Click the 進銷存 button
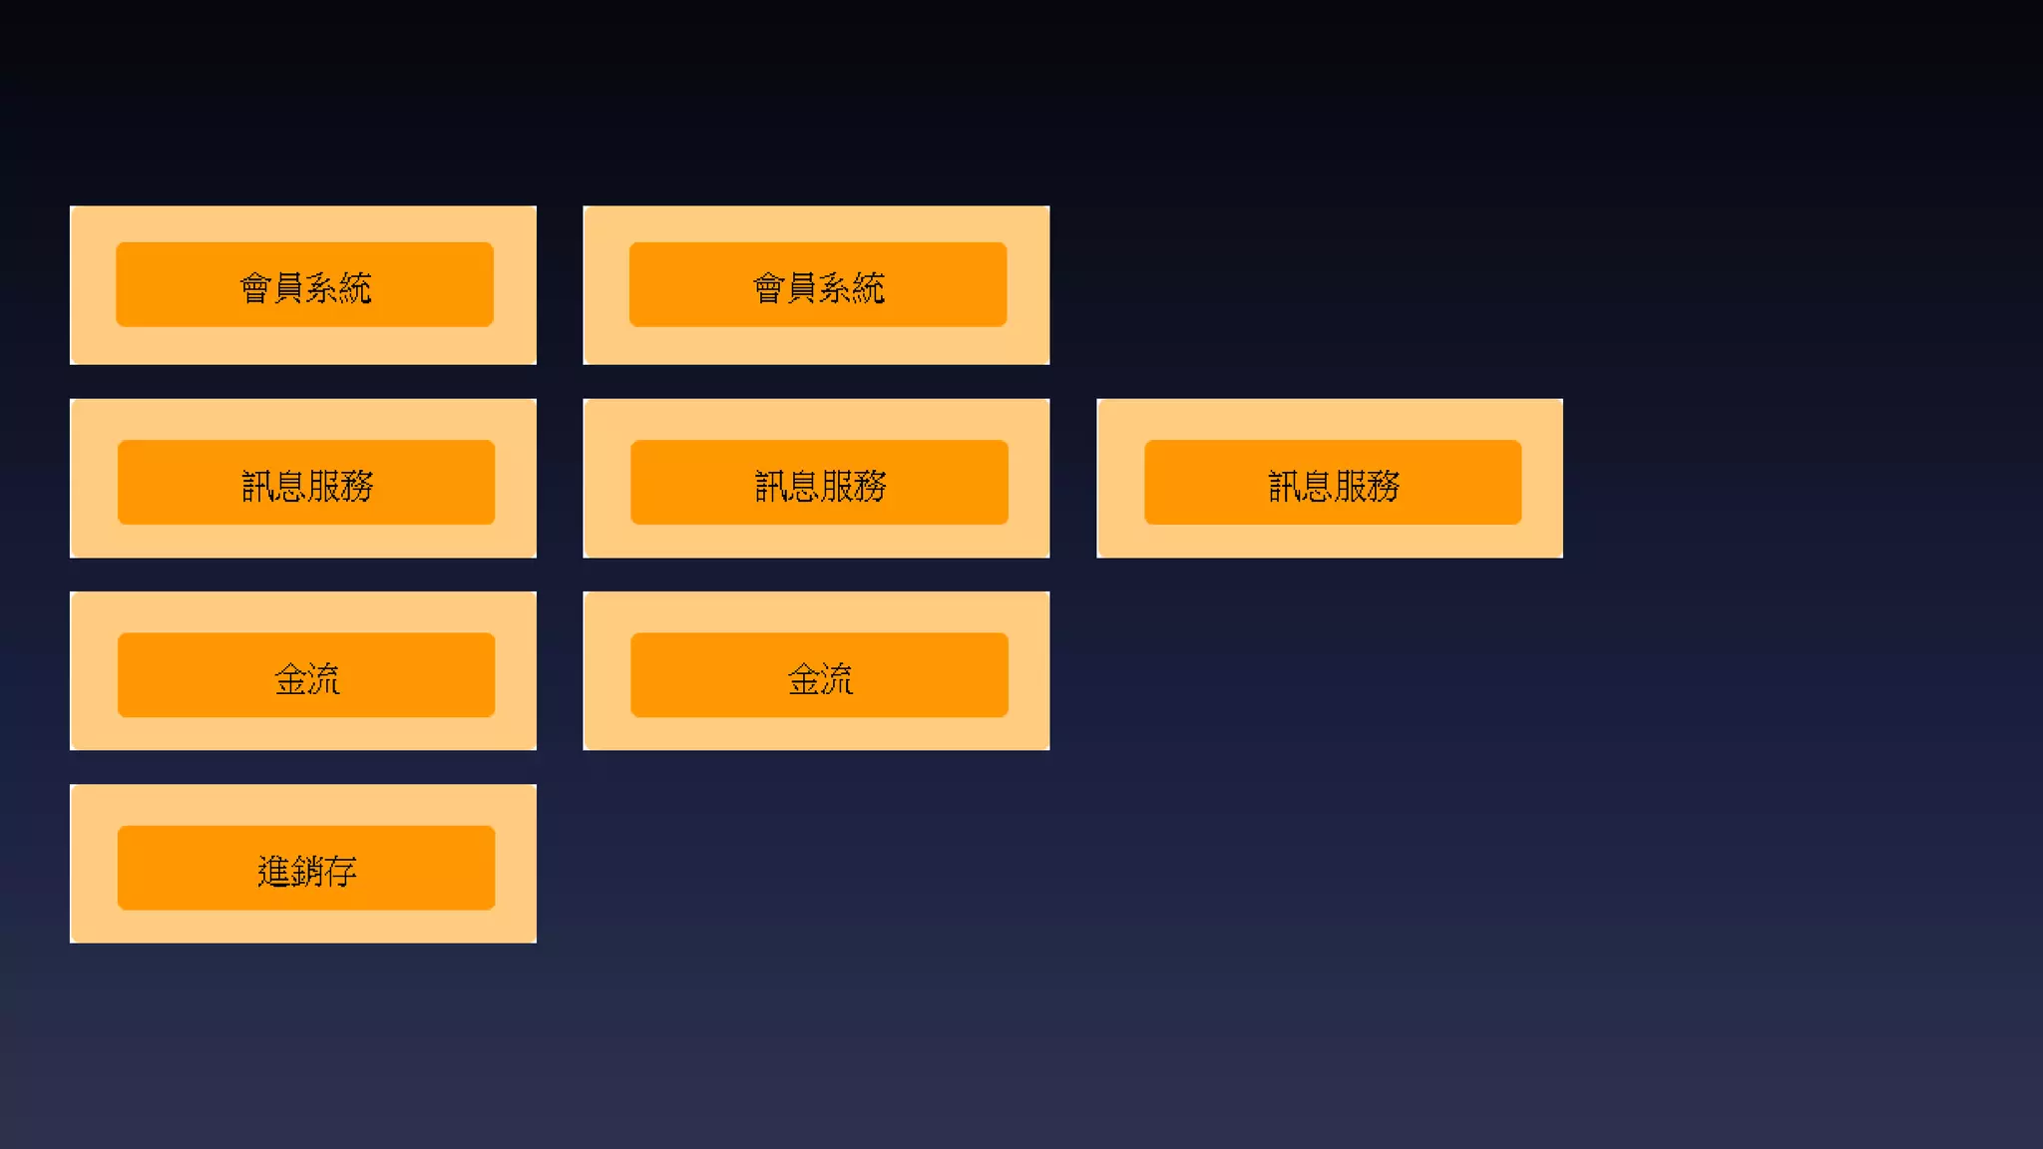305,868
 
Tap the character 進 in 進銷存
273,872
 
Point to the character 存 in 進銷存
340,872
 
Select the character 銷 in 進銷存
306,872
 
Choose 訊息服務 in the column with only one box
1332,483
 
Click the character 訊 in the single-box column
1284,487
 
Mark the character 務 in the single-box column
1384,487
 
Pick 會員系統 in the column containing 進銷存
304,284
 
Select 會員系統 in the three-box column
817,284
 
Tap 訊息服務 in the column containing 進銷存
305,483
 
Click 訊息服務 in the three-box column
819,483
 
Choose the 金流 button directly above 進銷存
305,675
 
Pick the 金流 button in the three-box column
819,675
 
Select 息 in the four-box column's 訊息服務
290,487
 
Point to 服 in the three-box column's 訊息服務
837,487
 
